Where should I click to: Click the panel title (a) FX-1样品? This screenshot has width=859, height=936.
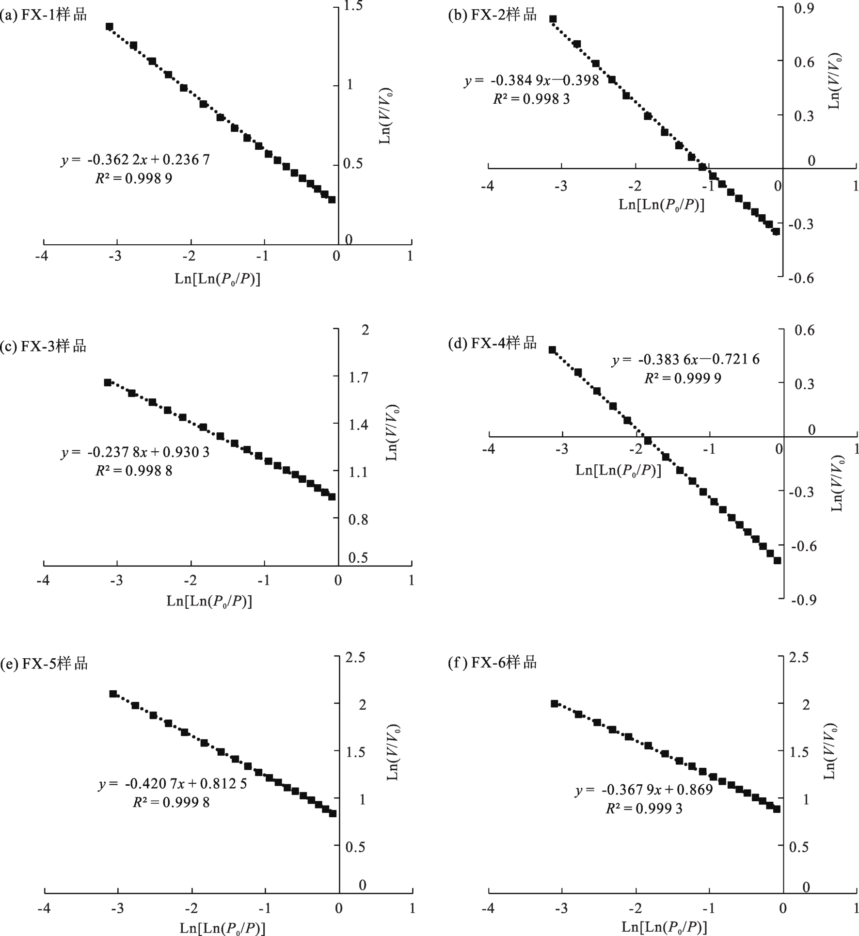(x=44, y=15)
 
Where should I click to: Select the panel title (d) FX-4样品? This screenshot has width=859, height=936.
(x=493, y=343)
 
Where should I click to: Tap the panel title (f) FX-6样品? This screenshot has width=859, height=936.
(x=493, y=662)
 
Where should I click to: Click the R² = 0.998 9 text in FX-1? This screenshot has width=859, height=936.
(x=134, y=178)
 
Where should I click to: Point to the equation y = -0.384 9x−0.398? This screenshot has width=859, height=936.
(x=532, y=80)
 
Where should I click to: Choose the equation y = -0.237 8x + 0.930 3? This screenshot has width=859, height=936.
(x=135, y=452)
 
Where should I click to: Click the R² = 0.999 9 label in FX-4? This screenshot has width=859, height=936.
(x=683, y=378)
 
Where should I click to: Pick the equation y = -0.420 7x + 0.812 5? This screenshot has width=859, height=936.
(x=173, y=784)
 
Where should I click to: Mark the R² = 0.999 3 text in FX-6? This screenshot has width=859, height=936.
(x=644, y=808)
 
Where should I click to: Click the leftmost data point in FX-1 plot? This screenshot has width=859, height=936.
(x=110, y=27)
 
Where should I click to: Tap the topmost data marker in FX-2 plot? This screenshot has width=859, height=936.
(x=553, y=19)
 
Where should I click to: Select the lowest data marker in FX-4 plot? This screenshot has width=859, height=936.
(x=777, y=560)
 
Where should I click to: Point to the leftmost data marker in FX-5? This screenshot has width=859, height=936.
(x=113, y=694)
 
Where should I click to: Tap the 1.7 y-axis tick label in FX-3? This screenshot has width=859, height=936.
(x=358, y=377)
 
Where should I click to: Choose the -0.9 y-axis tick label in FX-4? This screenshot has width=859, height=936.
(x=803, y=600)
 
